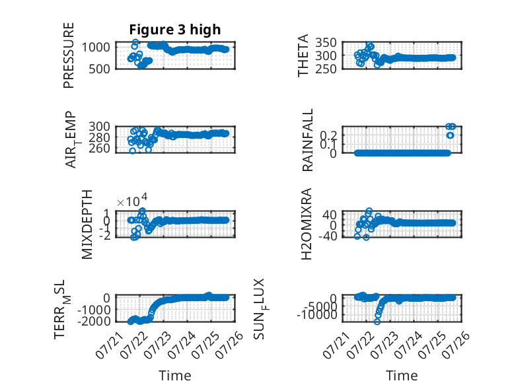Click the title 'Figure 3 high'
(x=174, y=30)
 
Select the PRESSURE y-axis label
(x=69, y=55)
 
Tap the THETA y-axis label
(x=303, y=55)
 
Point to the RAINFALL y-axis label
(x=307, y=140)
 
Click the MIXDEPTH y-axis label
(x=87, y=225)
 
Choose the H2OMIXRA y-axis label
(x=306, y=224)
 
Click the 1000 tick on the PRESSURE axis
(x=96, y=47)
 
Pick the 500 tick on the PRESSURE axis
(x=99, y=69)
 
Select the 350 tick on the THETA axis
(x=326, y=43)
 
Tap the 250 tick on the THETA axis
(x=326, y=69)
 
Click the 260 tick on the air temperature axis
(x=99, y=148)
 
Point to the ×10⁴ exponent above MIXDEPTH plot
(x=132, y=200)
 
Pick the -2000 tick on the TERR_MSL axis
(x=94, y=321)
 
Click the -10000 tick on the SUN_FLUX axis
(x=316, y=315)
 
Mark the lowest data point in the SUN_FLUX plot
(x=377, y=322)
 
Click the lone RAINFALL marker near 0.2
(x=450, y=135)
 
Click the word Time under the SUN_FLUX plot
(x=402, y=375)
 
